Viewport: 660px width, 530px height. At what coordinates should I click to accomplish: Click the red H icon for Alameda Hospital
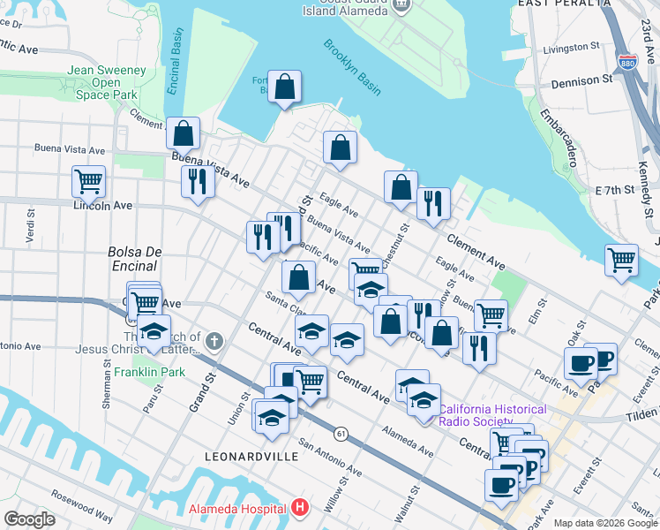[301, 508]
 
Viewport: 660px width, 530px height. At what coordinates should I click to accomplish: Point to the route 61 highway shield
[340, 433]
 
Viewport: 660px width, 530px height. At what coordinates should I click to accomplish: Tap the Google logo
[29, 519]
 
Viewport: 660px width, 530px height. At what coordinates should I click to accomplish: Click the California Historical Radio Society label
[494, 415]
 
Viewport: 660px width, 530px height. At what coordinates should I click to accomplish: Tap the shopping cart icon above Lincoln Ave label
[88, 181]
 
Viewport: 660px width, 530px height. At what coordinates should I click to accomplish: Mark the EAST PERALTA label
[564, 4]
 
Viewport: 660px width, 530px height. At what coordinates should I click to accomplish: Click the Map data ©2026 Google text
[605, 523]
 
